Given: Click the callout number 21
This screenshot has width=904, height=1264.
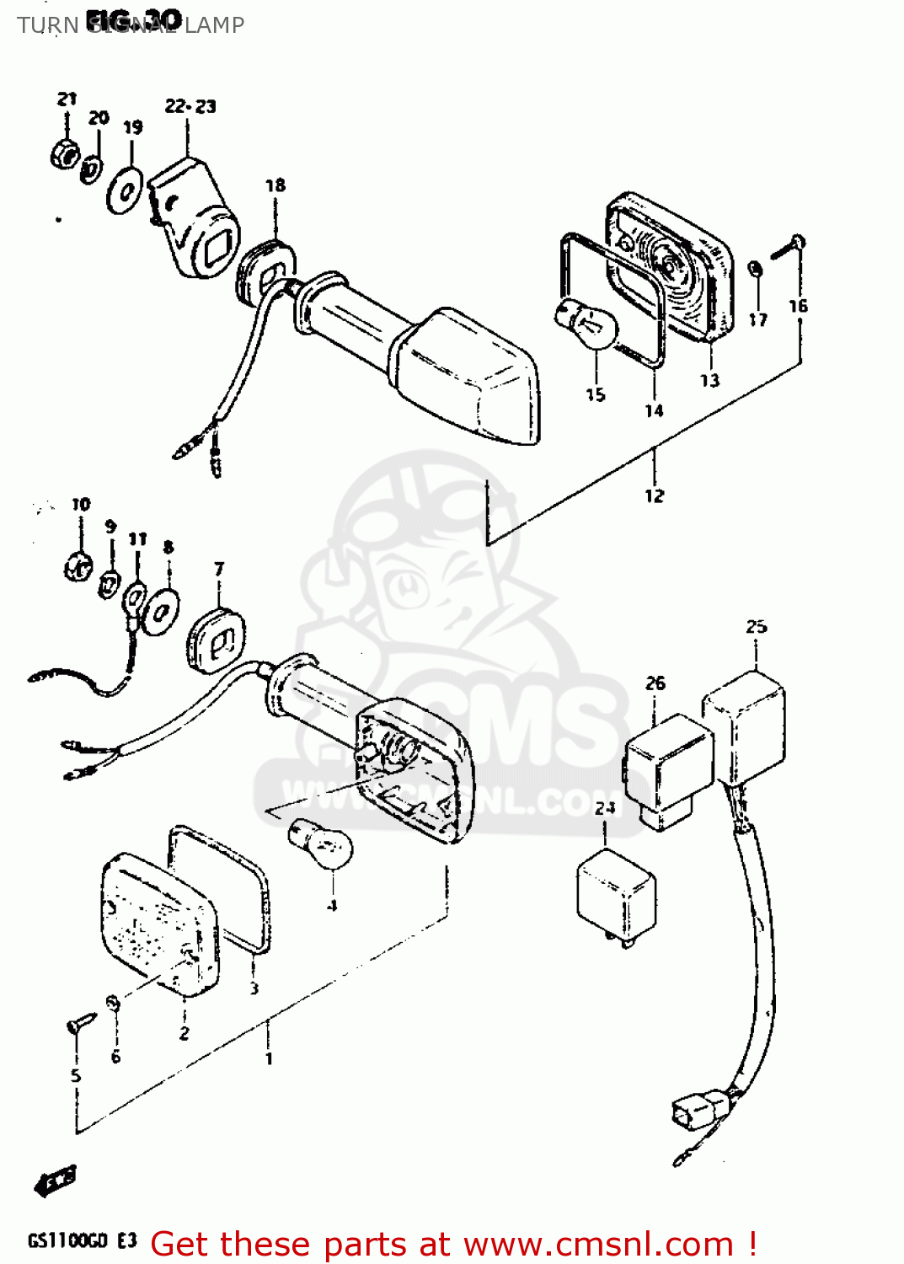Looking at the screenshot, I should point(67,99).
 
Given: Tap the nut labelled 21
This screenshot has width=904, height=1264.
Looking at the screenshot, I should point(65,153).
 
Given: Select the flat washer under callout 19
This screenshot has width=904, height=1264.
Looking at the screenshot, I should point(125,191).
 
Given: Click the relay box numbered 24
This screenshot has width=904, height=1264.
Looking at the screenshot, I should point(616,894).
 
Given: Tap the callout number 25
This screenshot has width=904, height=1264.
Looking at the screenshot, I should point(756,626).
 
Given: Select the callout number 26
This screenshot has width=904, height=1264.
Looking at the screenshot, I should point(655,683).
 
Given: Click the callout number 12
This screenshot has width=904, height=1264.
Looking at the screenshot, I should point(655,495).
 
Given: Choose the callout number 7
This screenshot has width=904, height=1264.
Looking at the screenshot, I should point(219,568).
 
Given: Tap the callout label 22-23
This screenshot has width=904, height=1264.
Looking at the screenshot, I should point(190,106).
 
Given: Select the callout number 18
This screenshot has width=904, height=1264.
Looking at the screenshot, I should point(275,185).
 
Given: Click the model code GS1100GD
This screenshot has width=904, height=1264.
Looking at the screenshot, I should point(68,1241).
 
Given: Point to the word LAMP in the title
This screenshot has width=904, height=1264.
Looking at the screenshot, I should point(214,25).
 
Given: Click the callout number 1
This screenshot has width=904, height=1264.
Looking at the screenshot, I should point(269,1058).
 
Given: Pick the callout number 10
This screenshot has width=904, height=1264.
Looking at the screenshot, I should point(81,504).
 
